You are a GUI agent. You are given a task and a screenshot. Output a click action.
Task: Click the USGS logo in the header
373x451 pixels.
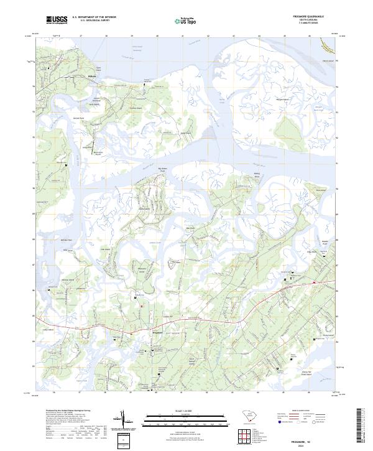pos(56,20)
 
